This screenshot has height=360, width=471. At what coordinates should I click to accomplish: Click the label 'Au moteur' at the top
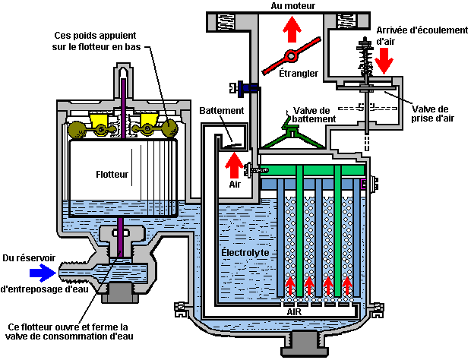292,6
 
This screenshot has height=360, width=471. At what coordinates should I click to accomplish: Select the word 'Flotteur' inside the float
112,174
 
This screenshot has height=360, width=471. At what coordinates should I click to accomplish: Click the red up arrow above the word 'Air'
235,162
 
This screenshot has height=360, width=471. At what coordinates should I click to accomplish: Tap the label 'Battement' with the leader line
222,110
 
